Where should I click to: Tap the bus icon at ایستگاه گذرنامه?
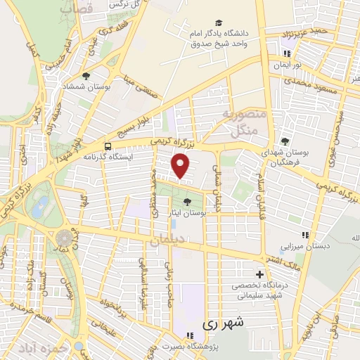[108, 146]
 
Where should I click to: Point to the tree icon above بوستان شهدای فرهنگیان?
[285, 141]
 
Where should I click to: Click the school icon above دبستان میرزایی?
[304, 235]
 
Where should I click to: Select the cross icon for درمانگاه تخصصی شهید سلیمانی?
[260, 274]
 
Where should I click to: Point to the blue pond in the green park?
[41, 206]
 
